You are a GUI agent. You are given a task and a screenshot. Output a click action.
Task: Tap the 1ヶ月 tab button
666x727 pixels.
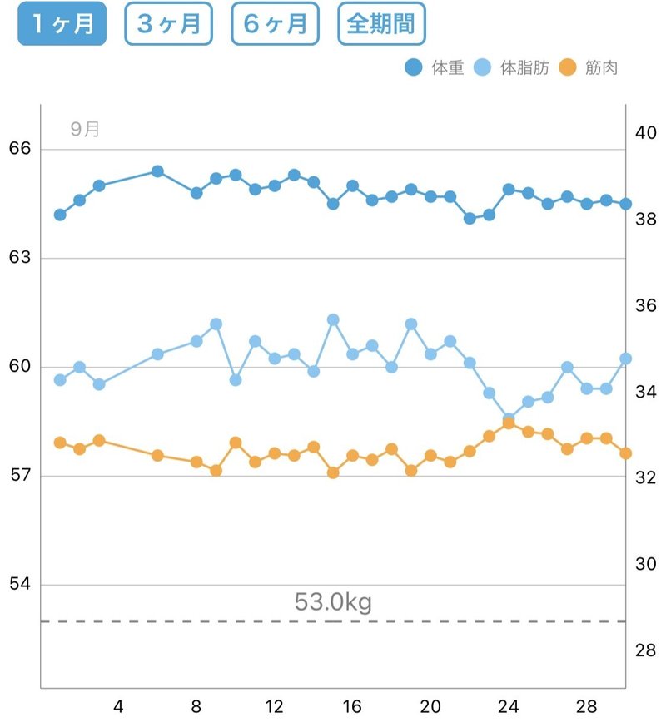(62, 24)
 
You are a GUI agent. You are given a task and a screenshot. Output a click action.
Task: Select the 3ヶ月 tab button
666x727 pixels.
(168, 24)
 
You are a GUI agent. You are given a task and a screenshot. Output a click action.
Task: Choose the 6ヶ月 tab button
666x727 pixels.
(275, 24)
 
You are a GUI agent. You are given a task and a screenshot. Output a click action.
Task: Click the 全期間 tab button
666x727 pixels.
(381, 24)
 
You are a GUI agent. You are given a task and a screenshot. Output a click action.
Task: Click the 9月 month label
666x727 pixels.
(85, 130)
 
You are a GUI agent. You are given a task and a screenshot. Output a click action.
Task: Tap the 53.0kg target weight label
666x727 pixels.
(333, 601)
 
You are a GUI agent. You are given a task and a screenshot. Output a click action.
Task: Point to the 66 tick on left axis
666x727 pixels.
(19, 149)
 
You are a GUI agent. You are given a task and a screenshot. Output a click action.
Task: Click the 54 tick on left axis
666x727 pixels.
(19, 584)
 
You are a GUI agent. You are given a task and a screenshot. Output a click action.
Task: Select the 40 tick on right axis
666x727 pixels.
(646, 133)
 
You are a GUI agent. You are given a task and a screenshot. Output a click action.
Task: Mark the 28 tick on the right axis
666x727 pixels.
(646, 650)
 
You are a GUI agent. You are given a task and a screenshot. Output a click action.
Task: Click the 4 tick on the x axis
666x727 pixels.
(118, 707)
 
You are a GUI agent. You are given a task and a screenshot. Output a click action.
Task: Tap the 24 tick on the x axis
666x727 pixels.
(509, 707)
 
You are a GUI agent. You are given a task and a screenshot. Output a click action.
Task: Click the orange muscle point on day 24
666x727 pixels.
(509, 423)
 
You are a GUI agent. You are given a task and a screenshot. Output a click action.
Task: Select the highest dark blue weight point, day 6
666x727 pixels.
(157, 171)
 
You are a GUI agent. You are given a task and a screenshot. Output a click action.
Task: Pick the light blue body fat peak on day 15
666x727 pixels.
(333, 319)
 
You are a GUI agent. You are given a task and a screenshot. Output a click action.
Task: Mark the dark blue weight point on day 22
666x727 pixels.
(470, 218)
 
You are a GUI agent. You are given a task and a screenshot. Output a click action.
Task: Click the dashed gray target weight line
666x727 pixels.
(208, 621)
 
